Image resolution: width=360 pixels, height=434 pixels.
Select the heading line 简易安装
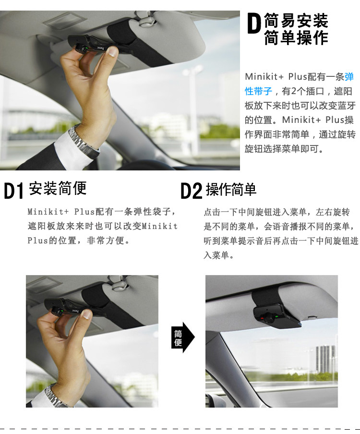click(296, 21)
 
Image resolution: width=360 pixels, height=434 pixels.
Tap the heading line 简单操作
click(296, 38)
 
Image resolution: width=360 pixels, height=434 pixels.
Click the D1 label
click(13, 191)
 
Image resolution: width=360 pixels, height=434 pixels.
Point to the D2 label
click(191, 191)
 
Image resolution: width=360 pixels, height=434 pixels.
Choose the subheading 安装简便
click(58, 188)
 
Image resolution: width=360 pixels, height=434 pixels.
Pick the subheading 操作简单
click(231, 190)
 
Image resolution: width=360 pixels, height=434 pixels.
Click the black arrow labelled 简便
click(182, 338)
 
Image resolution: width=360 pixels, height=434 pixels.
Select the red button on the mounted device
click(261, 318)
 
